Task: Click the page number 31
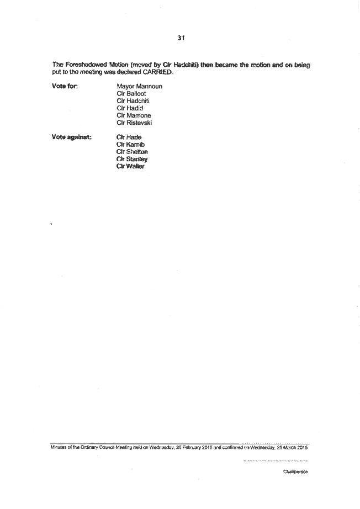pyautogui.click(x=181, y=38)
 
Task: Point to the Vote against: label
pyautogui.click(x=71, y=137)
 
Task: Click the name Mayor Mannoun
pyautogui.click(x=139, y=86)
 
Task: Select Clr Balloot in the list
pyautogui.click(x=131, y=93)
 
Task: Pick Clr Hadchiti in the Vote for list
pyautogui.click(x=133, y=100)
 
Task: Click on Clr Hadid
pyautogui.click(x=130, y=108)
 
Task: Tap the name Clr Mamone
pyautogui.click(x=134, y=115)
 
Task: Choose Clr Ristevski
pyautogui.click(x=134, y=123)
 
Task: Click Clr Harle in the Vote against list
pyautogui.click(x=129, y=137)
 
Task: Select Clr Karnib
pyautogui.click(x=130, y=145)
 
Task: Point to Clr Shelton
pyautogui.click(x=132, y=152)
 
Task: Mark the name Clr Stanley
pyautogui.click(x=132, y=159)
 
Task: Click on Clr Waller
pyautogui.click(x=130, y=166)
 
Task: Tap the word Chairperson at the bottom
pyautogui.click(x=295, y=471)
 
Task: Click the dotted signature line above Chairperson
pyautogui.click(x=276, y=460)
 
